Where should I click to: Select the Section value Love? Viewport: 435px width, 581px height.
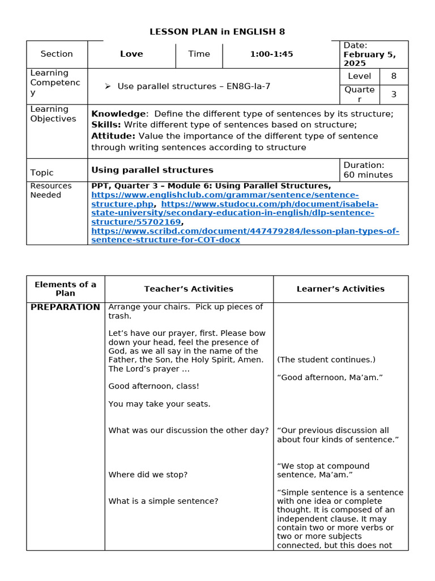131,54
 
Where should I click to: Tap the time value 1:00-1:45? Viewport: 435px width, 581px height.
271,54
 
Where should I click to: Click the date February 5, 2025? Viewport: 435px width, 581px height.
369,59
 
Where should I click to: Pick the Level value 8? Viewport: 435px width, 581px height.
394,76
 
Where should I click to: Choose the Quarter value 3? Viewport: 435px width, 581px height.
394,94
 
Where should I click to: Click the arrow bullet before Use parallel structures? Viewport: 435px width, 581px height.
107,86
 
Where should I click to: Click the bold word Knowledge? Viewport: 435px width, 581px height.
118,113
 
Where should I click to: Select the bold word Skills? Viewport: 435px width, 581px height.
106,124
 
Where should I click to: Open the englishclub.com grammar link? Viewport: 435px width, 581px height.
224,195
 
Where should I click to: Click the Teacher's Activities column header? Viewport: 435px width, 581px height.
189,289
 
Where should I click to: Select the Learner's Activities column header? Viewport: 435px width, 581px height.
340,289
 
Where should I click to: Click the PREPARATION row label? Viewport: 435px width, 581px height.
65,307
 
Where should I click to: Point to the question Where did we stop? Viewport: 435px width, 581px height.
148,474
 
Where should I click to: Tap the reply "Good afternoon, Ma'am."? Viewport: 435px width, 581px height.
330,377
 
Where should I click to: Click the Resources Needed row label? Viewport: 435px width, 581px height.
51,190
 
